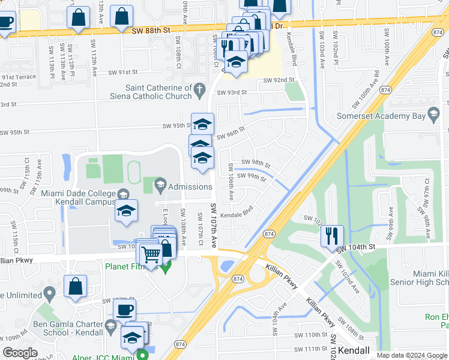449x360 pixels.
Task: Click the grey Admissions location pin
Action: (x=160, y=186)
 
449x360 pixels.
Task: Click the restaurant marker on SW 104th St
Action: (x=332, y=236)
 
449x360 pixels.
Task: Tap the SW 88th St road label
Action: (x=154, y=28)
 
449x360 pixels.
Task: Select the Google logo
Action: (x=20, y=353)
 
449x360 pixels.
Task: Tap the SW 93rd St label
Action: (x=232, y=92)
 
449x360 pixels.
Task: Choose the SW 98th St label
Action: (x=255, y=163)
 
